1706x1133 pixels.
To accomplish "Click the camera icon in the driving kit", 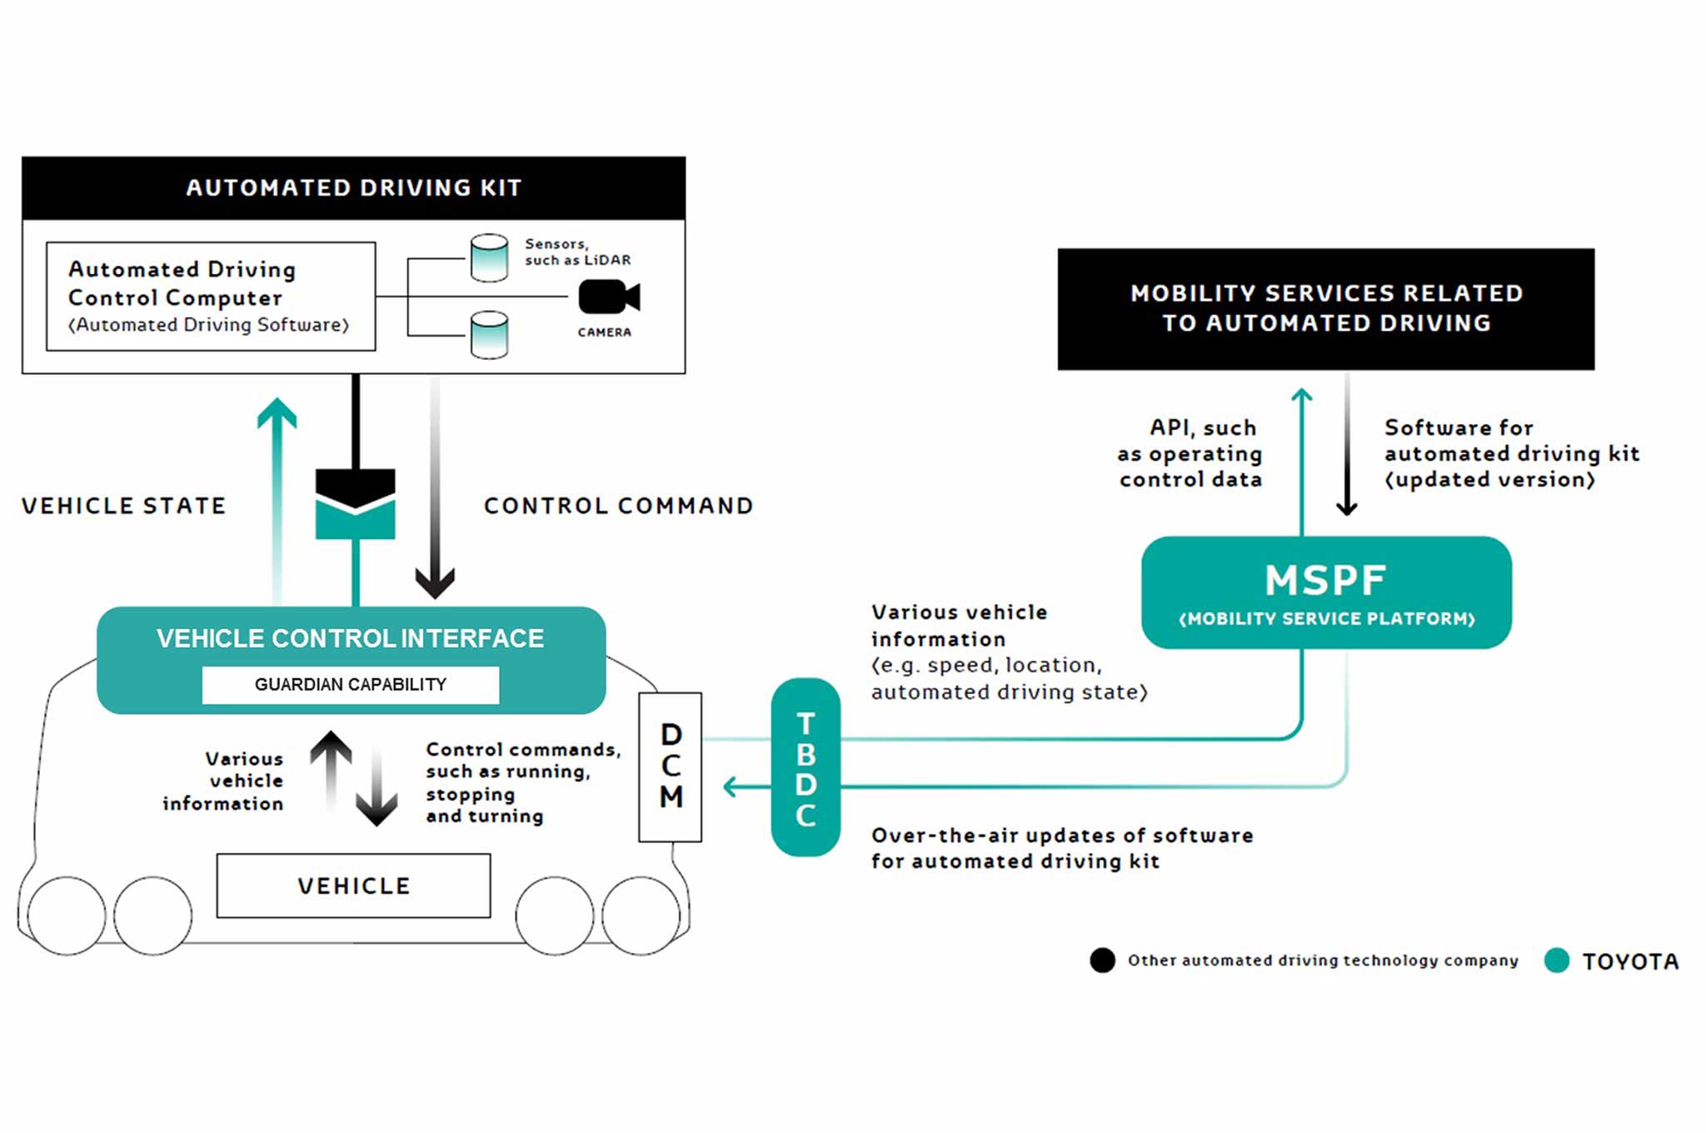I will pyautogui.click(x=609, y=297).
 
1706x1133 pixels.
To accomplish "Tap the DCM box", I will pyautogui.click(x=671, y=766).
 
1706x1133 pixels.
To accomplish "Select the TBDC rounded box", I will pyautogui.click(x=806, y=767).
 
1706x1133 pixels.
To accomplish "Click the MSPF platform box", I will pyautogui.click(x=1326, y=592).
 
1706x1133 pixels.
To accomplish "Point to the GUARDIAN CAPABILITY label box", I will pyautogui.click(x=351, y=685).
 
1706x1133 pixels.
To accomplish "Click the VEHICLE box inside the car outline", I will pyautogui.click(x=354, y=886).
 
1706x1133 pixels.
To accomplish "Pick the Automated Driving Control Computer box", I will pyautogui.click(x=211, y=297).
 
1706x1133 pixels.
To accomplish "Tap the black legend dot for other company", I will pyautogui.click(x=1102, y=961).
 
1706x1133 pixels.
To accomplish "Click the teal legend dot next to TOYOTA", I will pyautogui.click(x=1556, y=961).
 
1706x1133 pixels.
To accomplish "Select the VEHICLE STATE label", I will pyautogui.click(x=124, y=506).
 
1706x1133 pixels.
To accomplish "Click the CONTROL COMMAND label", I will pyautogui.click(x=618, y=506).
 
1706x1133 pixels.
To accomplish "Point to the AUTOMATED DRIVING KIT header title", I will pyautogui.click(x=354, y=188).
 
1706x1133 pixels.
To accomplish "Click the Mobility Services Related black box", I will pyautogui.click(x=1326, y=309).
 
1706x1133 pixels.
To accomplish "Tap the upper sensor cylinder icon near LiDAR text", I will pyautogui.click(x=490, y=257).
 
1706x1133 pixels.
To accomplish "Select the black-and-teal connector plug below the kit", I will pyautogui.click(x=356, y=504).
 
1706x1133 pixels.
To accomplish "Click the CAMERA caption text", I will pyautogui.click(x=605, y=332).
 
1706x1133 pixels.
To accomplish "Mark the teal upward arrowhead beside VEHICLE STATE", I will pyautogui.click(x=277, y=413).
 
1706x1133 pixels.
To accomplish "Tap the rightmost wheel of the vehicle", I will pyautogui.click(x=641, y=916).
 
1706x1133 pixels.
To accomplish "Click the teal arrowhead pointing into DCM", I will pyautogui.click(x=731, y=786).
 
